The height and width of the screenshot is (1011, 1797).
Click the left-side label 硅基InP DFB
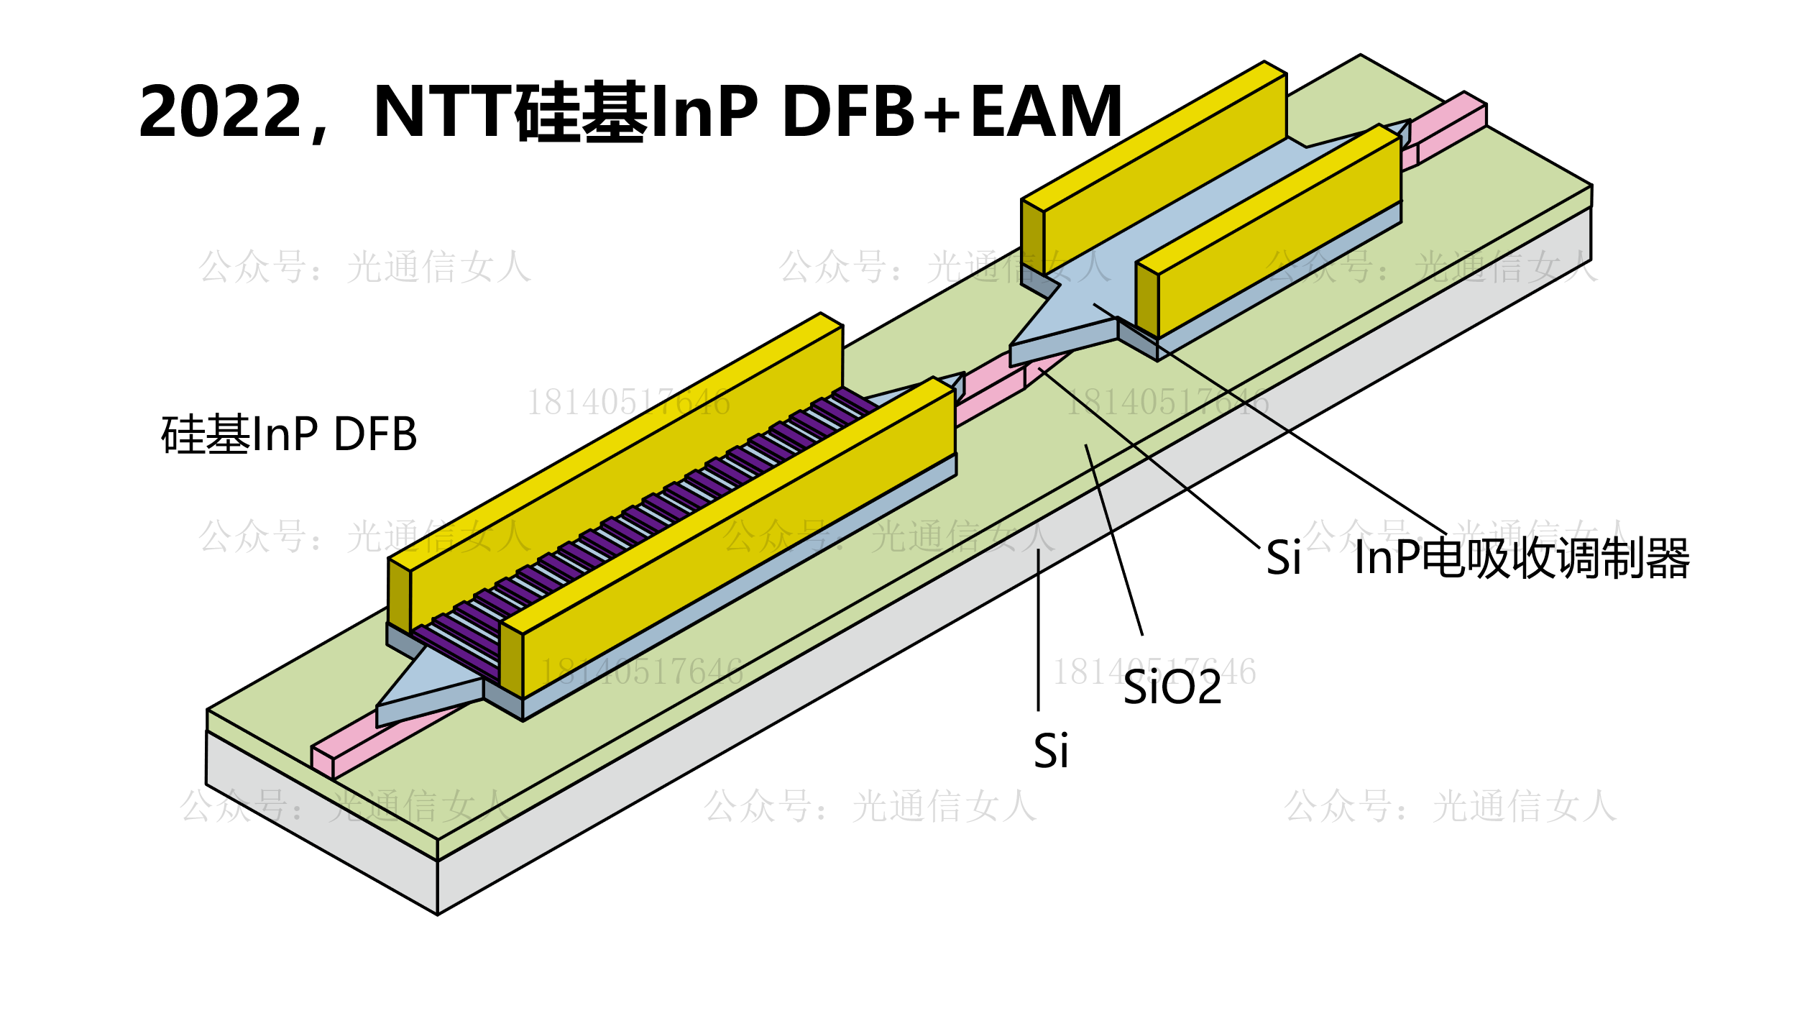point(289,434)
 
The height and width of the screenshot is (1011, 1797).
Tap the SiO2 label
point(1172,687)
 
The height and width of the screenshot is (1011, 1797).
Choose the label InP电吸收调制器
point(1522,558)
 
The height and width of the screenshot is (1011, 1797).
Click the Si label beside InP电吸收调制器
point(1283,558)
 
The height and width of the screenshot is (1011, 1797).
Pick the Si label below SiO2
point(1051,751)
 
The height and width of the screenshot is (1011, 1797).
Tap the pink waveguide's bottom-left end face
point(322,762)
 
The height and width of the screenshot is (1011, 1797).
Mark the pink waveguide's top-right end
point(1466,108)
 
